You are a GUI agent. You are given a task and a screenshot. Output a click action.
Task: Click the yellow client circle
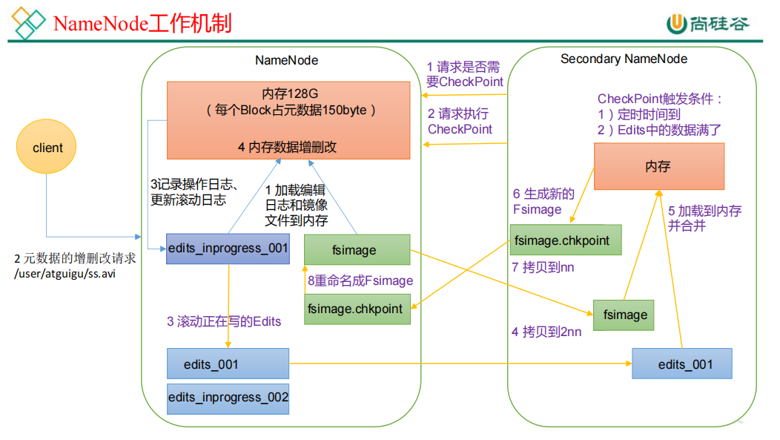click(48, 148)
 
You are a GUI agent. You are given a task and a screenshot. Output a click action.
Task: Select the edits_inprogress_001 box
click(228, 249)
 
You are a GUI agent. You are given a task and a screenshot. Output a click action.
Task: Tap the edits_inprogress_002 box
click(228, 398)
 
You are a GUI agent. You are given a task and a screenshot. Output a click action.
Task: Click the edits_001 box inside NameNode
click(228, 364)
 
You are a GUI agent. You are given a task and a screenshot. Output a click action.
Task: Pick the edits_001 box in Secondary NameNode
click(681, 364)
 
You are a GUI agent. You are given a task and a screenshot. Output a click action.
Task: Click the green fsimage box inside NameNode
click(357, 250)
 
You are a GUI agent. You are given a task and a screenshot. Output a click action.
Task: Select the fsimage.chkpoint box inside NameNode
click(357, 309)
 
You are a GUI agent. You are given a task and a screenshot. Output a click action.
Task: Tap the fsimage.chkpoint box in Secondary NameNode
click(566, 240)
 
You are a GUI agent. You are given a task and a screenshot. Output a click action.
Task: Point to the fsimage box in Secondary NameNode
click(624, 315)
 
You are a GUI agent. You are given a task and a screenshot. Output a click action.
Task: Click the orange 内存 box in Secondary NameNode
click(658, 166)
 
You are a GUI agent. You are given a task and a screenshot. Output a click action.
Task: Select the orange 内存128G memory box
click(288, 119)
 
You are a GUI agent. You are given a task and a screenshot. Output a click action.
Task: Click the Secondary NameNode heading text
click(624, 59)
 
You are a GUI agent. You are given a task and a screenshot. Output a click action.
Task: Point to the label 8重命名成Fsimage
click(360, 280)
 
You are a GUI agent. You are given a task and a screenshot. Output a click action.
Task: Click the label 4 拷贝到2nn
click(546, 332)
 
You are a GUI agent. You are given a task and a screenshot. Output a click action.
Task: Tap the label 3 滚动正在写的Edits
click(223, 321)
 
